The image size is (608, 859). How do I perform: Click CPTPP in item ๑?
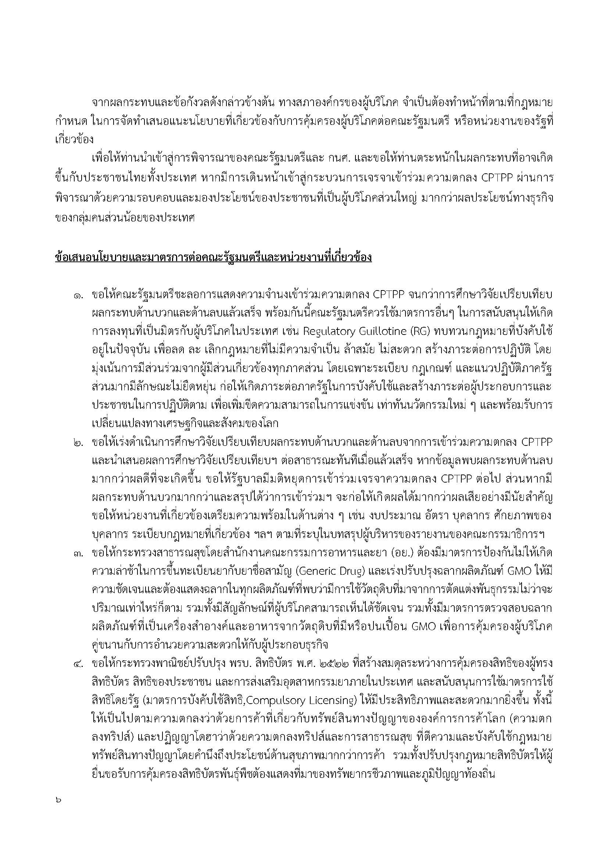(389, 295)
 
